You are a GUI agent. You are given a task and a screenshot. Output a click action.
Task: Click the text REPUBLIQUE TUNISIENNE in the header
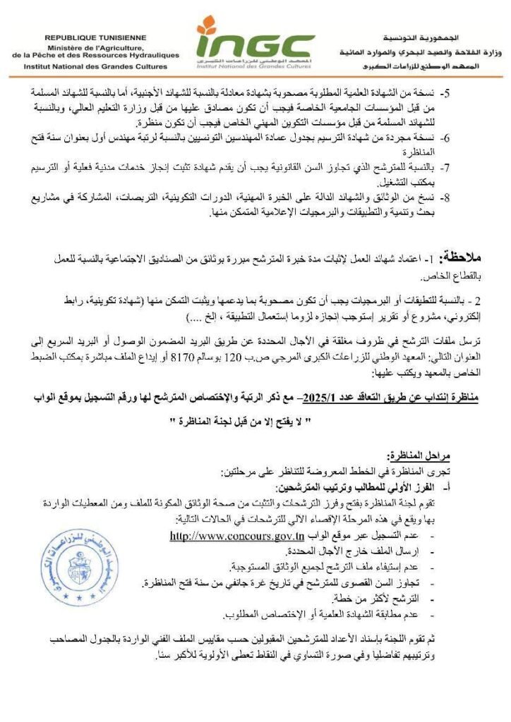pos(96,37)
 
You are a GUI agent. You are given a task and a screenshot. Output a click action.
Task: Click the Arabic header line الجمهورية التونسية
pos(423,36)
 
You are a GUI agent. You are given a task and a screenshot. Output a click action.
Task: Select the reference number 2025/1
pos(310,399)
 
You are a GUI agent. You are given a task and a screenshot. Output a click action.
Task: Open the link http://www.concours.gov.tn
pos(232,536)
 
